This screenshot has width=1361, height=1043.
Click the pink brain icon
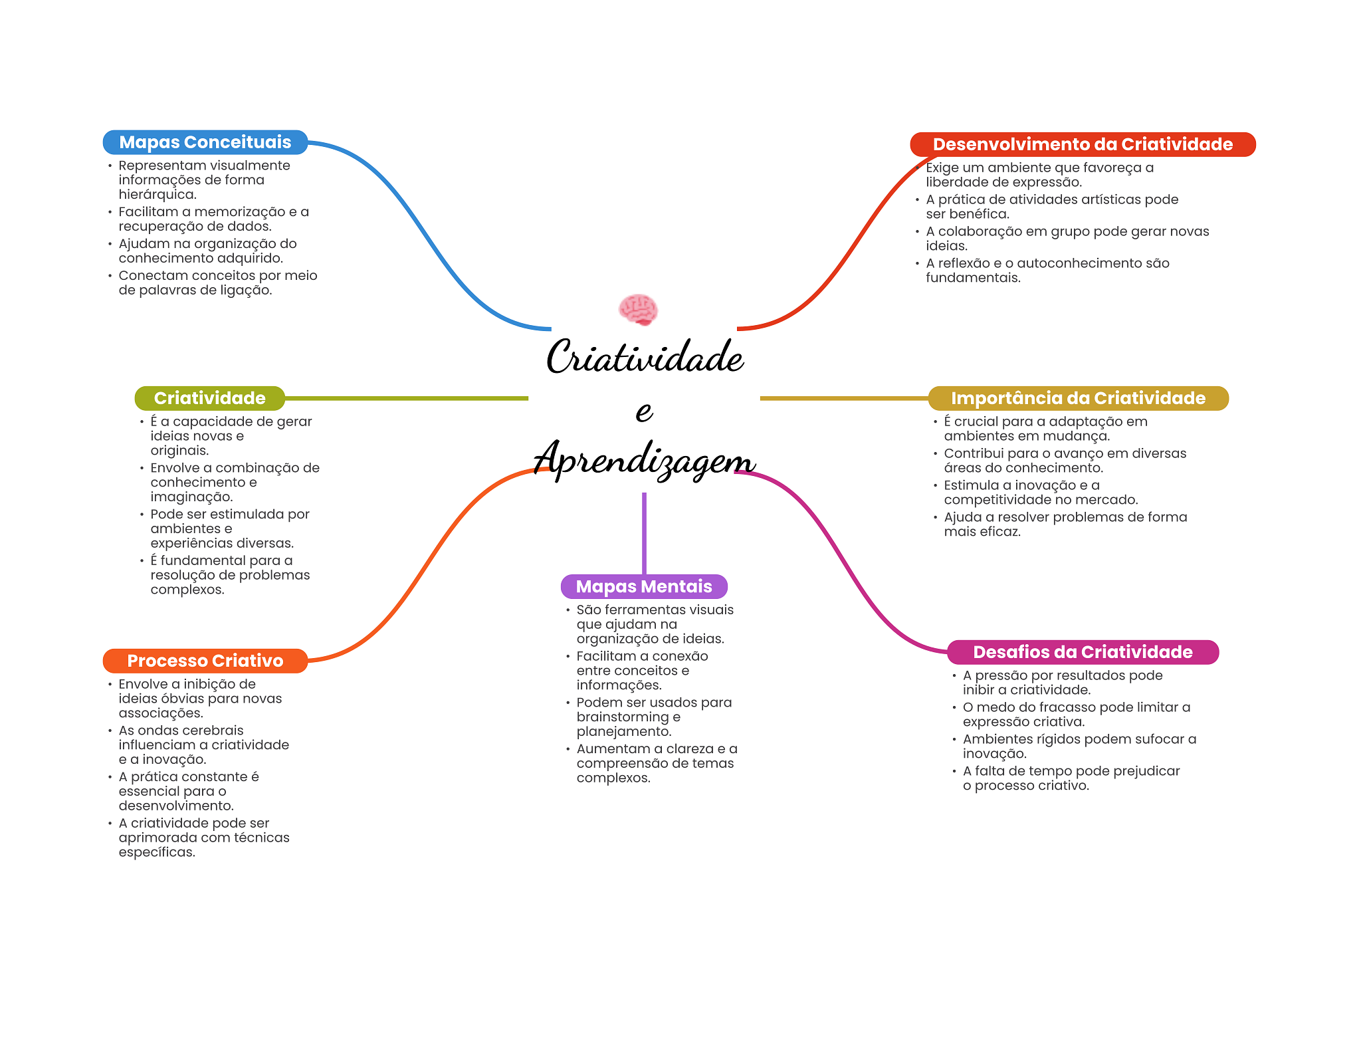coord(638,310)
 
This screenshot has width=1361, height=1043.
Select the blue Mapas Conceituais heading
coord(205,142)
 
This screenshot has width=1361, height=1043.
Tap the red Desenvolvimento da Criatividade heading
coord(1082,144)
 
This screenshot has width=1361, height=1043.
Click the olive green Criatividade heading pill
coord(209,398)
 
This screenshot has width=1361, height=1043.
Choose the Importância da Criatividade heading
coord(1077,398)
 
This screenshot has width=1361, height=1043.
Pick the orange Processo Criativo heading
coord(205,661)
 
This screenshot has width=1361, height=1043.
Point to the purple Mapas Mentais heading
coord(643,586)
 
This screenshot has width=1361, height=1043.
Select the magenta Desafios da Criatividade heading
coord(1082,652)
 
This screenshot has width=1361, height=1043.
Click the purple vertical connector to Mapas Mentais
coord(644,532)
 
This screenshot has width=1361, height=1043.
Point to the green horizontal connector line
coord(405,398)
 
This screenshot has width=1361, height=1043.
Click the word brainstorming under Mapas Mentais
coord(623,717)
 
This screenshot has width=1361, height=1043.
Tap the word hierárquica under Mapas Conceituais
coord(157,195)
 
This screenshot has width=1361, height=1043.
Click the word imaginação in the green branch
coord(191,497)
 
